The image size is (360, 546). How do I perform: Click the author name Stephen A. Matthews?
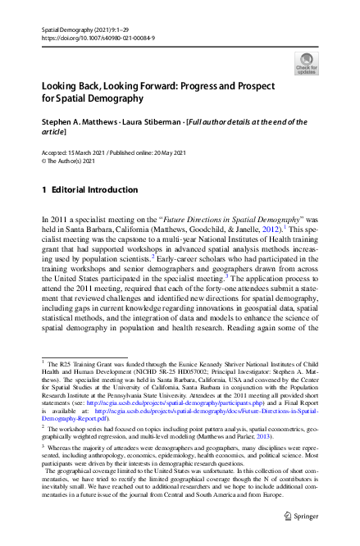pos(81,122)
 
